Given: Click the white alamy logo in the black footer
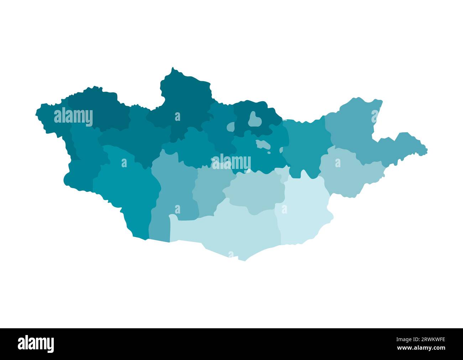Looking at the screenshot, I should [36, 344].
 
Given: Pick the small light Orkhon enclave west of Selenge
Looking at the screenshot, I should [231, 127].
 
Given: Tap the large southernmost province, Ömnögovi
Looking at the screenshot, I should [228, 232].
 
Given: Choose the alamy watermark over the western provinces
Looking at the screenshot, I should [73, 117].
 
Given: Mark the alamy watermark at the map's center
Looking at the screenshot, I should [231, 162].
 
